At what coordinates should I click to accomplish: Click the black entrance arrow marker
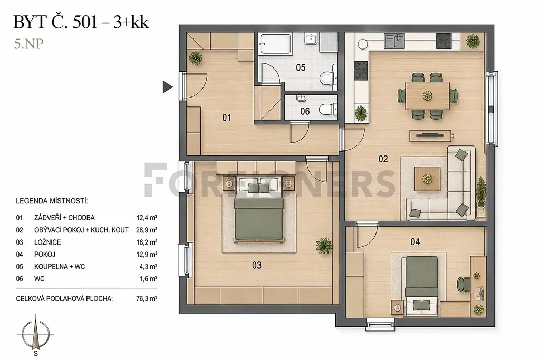(167, 87)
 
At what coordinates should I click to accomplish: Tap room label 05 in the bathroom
(301, 67)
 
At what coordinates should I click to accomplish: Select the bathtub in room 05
(275, 43)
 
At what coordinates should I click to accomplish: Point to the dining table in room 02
(427, 95)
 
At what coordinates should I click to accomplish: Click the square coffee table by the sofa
(427, 179)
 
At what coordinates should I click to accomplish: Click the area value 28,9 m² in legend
(147, 230)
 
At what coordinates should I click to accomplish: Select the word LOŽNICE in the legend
(47, 242)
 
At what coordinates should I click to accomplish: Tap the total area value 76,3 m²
(147, 299)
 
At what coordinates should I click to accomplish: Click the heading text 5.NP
(29, 44)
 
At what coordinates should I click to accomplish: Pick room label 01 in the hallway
(227, 118)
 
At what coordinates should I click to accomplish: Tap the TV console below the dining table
(430, 135)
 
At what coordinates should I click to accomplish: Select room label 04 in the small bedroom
(415, 242)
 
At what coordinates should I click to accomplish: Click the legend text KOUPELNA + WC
(60, 267)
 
